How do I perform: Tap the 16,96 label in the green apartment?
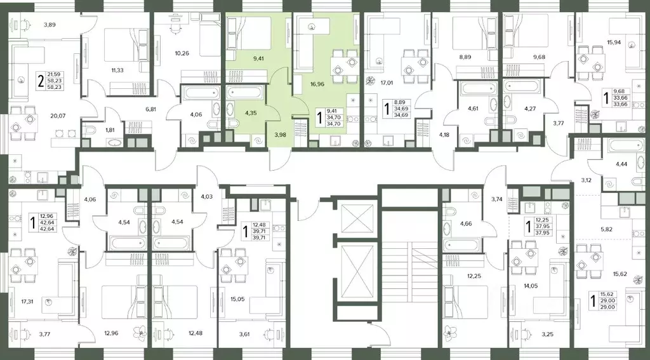click(317, 83)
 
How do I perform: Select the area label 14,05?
click(524, 285)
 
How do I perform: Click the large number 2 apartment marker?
click(40, 81)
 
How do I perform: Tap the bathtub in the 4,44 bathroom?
click(625, 147)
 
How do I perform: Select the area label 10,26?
click(182, 53)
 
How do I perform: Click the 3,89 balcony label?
click(50, 25)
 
